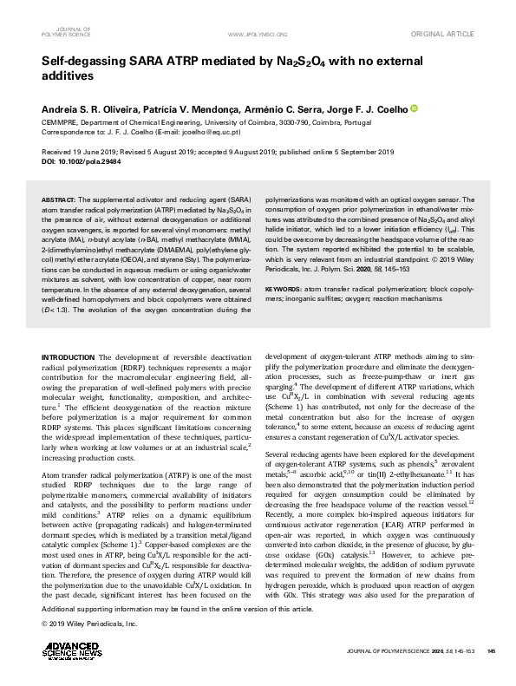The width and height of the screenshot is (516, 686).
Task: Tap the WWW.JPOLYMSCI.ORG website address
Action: pyautogui.click(x=256, y=34)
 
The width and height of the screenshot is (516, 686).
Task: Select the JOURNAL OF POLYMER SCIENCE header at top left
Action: pyautogui.click(x=65, y=33)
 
